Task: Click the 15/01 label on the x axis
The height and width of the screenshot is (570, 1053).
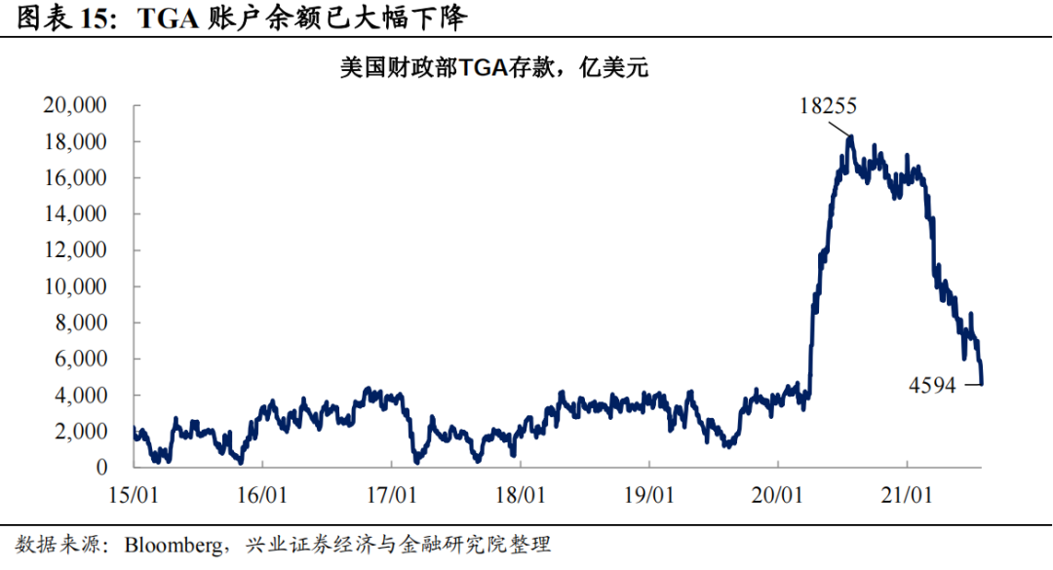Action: coord(135,494)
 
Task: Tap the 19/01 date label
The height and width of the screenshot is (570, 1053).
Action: coord(650,494)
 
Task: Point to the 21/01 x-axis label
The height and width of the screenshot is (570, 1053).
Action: coord(909,494)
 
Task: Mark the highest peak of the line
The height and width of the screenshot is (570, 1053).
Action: coord(850,136)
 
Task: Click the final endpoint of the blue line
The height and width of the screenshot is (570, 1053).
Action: coord(982,383)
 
